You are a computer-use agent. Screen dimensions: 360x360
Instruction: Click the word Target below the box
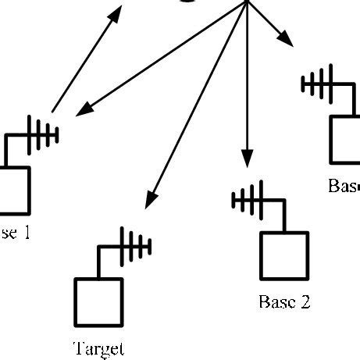(x=98, y=348)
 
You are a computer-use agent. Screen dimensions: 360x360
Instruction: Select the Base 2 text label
(x=284, y=302)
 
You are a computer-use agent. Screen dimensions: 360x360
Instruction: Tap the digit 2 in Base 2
(x=305, y=302)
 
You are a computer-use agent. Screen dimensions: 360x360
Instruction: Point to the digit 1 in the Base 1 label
(x=26, y=233)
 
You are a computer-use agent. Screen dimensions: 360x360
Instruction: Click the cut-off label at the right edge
(x=344, y=186)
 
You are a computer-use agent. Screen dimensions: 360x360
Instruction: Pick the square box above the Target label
(x=99, y=303)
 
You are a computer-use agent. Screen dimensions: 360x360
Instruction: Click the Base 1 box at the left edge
(x=13, y=190)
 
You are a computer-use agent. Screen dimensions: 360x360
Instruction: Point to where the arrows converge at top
(x=247, y=2)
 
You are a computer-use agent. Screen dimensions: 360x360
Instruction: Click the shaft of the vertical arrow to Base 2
(x=247, y=78)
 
